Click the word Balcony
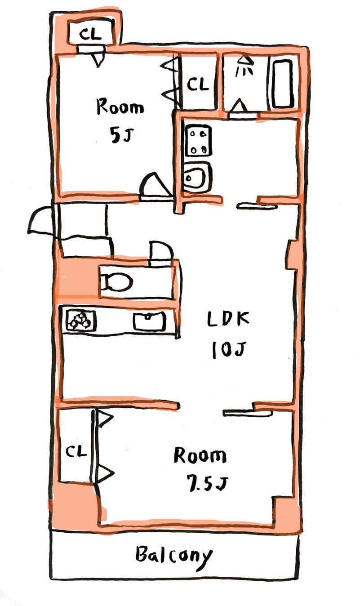pyautogui.click(x=174, y=554)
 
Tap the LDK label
pyautogui.click(x=228, y=319)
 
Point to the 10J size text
pyautogui.click(x=229, y=350)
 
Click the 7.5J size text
pyautogui.click(x=207, y=484)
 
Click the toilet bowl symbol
pyautogui.click(x=116, y=282)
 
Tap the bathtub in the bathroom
pyautogui.click(x=283, y=84)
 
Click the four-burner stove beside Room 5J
pyautogui.click(x=198, y=140)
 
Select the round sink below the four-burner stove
pyautogui.click(x=197, y=177)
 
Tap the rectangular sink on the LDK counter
pyautogui.click(x=150, y=321)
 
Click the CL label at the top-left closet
pyautogui.click(x=90, y=34)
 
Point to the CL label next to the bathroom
pyautogui.click(x=198, y=84)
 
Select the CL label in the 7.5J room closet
pyautogui.click(x=76, y=451)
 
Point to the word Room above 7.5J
pyautogui.click(x=200, y=455)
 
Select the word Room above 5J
pyautogui.click(x=120, y=107)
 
